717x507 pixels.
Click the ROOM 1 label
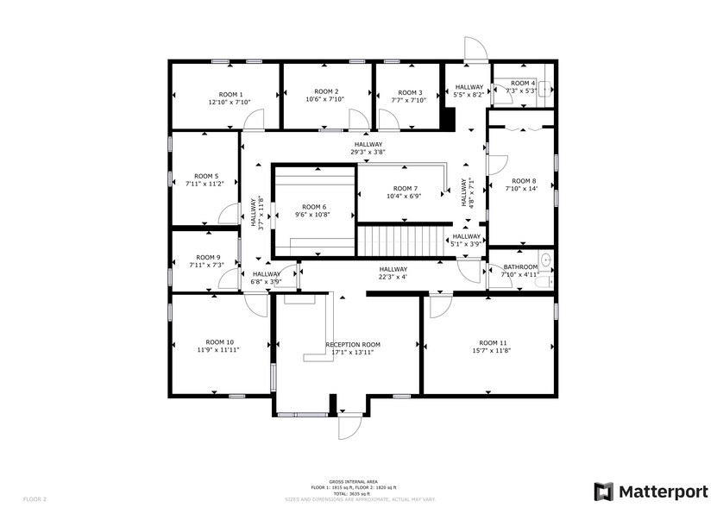230,94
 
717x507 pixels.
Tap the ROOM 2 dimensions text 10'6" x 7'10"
325,99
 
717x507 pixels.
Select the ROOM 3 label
409,92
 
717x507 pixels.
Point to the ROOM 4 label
523,83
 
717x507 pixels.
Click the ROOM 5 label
206,175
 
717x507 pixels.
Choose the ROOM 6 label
313,207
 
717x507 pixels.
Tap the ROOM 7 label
405,188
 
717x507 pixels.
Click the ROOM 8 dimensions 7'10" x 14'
521,189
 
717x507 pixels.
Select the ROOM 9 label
207,257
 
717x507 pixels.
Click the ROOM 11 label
493,342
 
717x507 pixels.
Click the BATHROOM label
520,267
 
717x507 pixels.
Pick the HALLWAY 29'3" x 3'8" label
368,145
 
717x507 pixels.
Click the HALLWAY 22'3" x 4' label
393,269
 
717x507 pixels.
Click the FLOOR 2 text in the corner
35,498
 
